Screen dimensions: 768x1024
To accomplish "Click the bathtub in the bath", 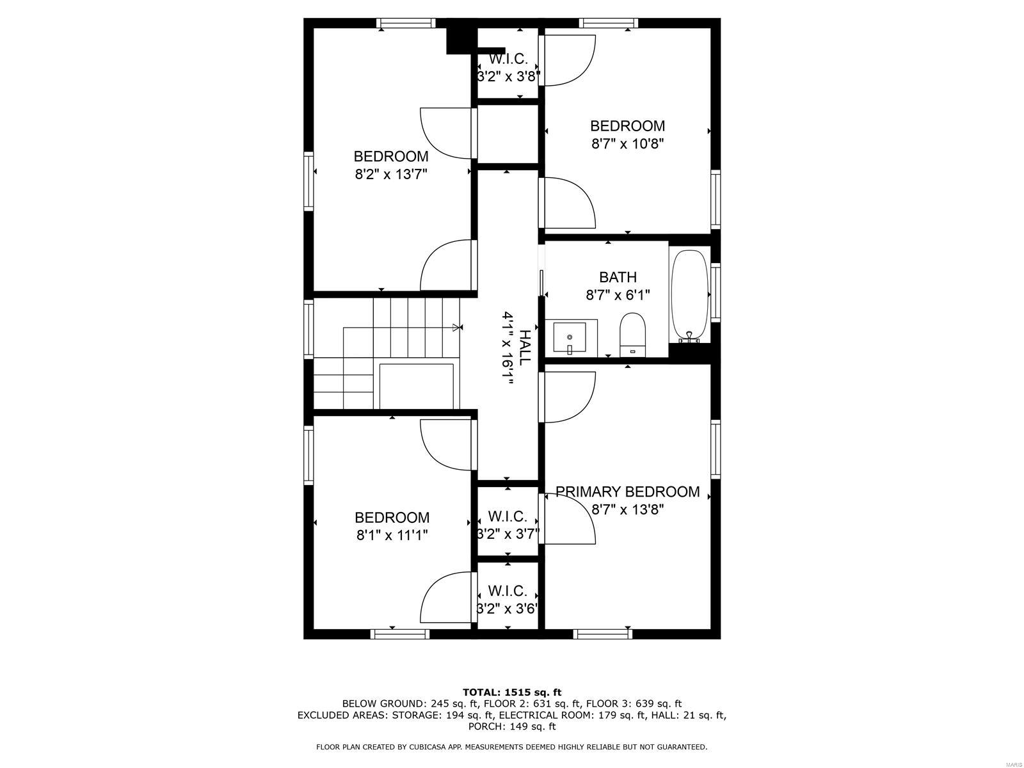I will (x=689, y=294).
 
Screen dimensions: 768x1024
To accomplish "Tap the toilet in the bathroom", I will (x=633, y=333).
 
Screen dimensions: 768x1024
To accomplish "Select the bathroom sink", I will (x=570, y=337).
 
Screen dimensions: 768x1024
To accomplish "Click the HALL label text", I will (x=524, y=348).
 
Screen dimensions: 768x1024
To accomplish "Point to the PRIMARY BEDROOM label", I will (x=627, y=492).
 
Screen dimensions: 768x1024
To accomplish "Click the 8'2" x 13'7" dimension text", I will (x=391, y=173).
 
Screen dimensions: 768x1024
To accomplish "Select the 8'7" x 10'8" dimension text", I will (x=627, y=143).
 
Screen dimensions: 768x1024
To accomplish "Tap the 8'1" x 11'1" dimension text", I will (x=392, y=535).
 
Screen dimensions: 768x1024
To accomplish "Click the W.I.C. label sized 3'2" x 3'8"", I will (x=508, y=60).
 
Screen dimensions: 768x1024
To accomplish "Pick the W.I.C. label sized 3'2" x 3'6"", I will (x=508, y=591).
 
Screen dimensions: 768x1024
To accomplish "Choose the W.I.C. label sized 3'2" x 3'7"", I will (x=508, y=516).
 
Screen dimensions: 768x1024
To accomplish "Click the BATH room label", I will (x=618, y=277).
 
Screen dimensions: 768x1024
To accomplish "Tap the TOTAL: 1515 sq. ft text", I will (x=512, y=692).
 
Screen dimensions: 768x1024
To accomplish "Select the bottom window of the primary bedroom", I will (x=603, y=634).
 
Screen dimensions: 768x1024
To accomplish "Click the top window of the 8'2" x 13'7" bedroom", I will (x=406, y=23).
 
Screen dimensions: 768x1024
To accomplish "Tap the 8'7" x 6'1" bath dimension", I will (x=618, y=295).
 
